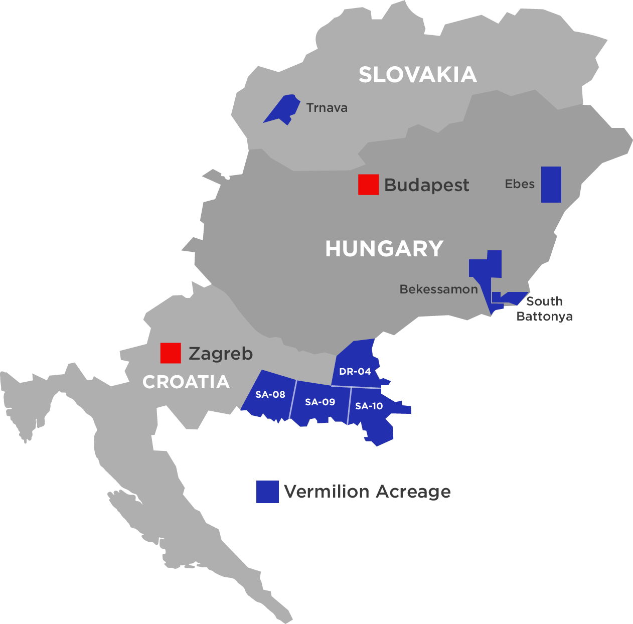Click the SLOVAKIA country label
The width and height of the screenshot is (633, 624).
(x=417, y=75)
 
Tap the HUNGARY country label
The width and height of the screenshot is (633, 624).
(x=384, y=249)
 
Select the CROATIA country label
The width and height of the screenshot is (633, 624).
(x=186, y=382)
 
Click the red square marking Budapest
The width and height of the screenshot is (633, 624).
(x=368, y=185)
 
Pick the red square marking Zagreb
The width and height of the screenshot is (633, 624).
(x=171, y=353)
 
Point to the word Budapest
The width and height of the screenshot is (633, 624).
(x=426, y=185)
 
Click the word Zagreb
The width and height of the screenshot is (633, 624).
(x=221, y=354)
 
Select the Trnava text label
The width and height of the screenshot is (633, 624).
(x=327, y=108)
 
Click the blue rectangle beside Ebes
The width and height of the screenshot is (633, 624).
(x=551, y=185)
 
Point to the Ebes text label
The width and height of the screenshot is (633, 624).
(x=520, y=184)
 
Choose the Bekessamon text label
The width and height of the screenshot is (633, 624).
(x=438, y=289)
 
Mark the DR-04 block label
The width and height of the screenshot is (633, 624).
(x=355, y=372)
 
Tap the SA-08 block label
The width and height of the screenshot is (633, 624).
(x=270, y=395)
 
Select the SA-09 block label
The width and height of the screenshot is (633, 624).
(x=320, y=402)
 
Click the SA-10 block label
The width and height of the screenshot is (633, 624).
(x=369, y=406)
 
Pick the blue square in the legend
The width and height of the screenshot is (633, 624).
(x=267, y=492)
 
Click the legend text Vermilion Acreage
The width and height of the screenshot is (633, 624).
(x=367, y=492)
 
